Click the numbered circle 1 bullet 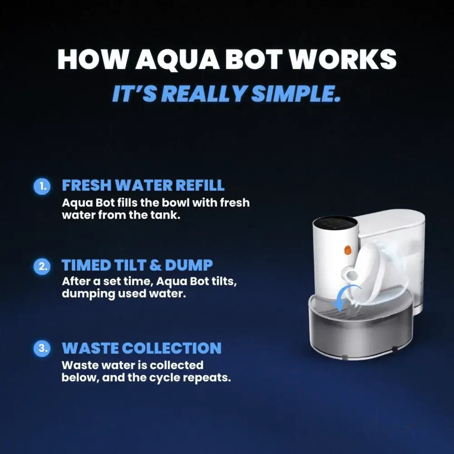(x=42, y=186)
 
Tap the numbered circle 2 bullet (x=42, y=266)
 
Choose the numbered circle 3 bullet (x=42, y=348)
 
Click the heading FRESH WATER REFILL (x=143, y=185)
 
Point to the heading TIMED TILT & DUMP (x=137, y=265)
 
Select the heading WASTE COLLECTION (x=142, y=348)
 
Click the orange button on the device (x=348, y=250)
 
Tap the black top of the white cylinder (x=335, y=224)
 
